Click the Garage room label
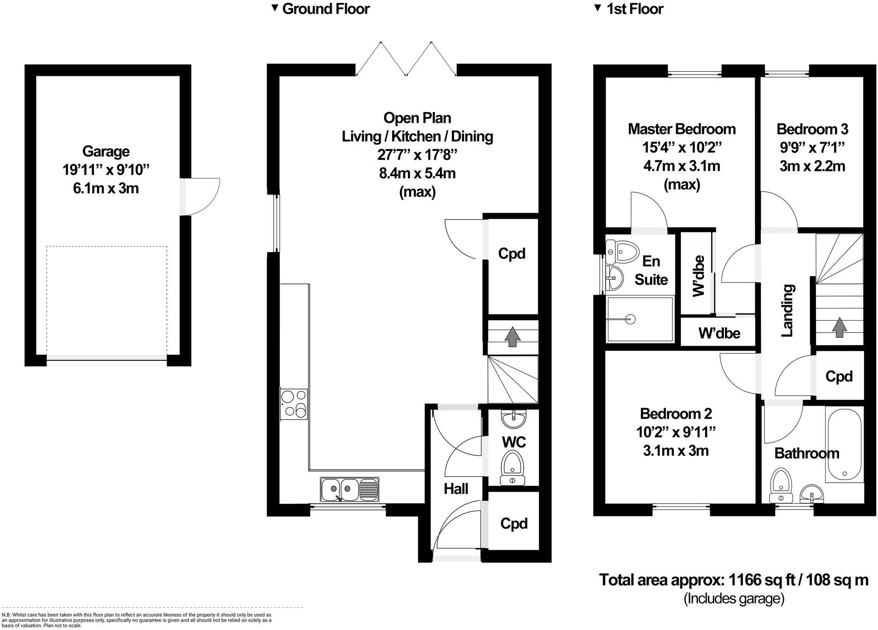point(106,151)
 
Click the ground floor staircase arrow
point(512,337)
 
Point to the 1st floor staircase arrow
point(838,327)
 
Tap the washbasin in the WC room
point(513,419)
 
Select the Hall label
point(456,489)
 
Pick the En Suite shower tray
point(640,319)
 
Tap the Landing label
point(788,310)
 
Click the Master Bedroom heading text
point(681,129)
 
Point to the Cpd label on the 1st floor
point(839,376)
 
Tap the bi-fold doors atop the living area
point(406,59)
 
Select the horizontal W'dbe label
point(719,333)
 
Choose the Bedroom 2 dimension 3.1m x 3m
point(676,450)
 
